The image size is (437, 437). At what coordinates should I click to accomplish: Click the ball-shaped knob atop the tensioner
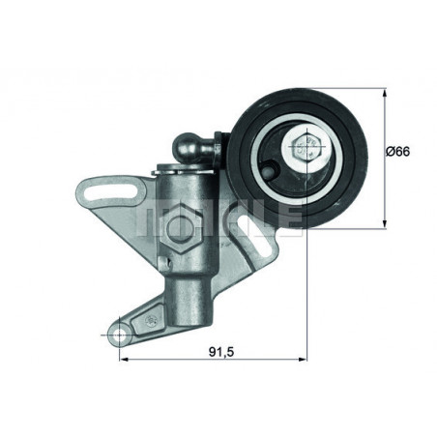click(189, 147)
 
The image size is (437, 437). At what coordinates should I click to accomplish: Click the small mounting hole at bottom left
click(119, 334)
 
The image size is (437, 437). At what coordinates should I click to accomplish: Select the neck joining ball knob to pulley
click(215, 150)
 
